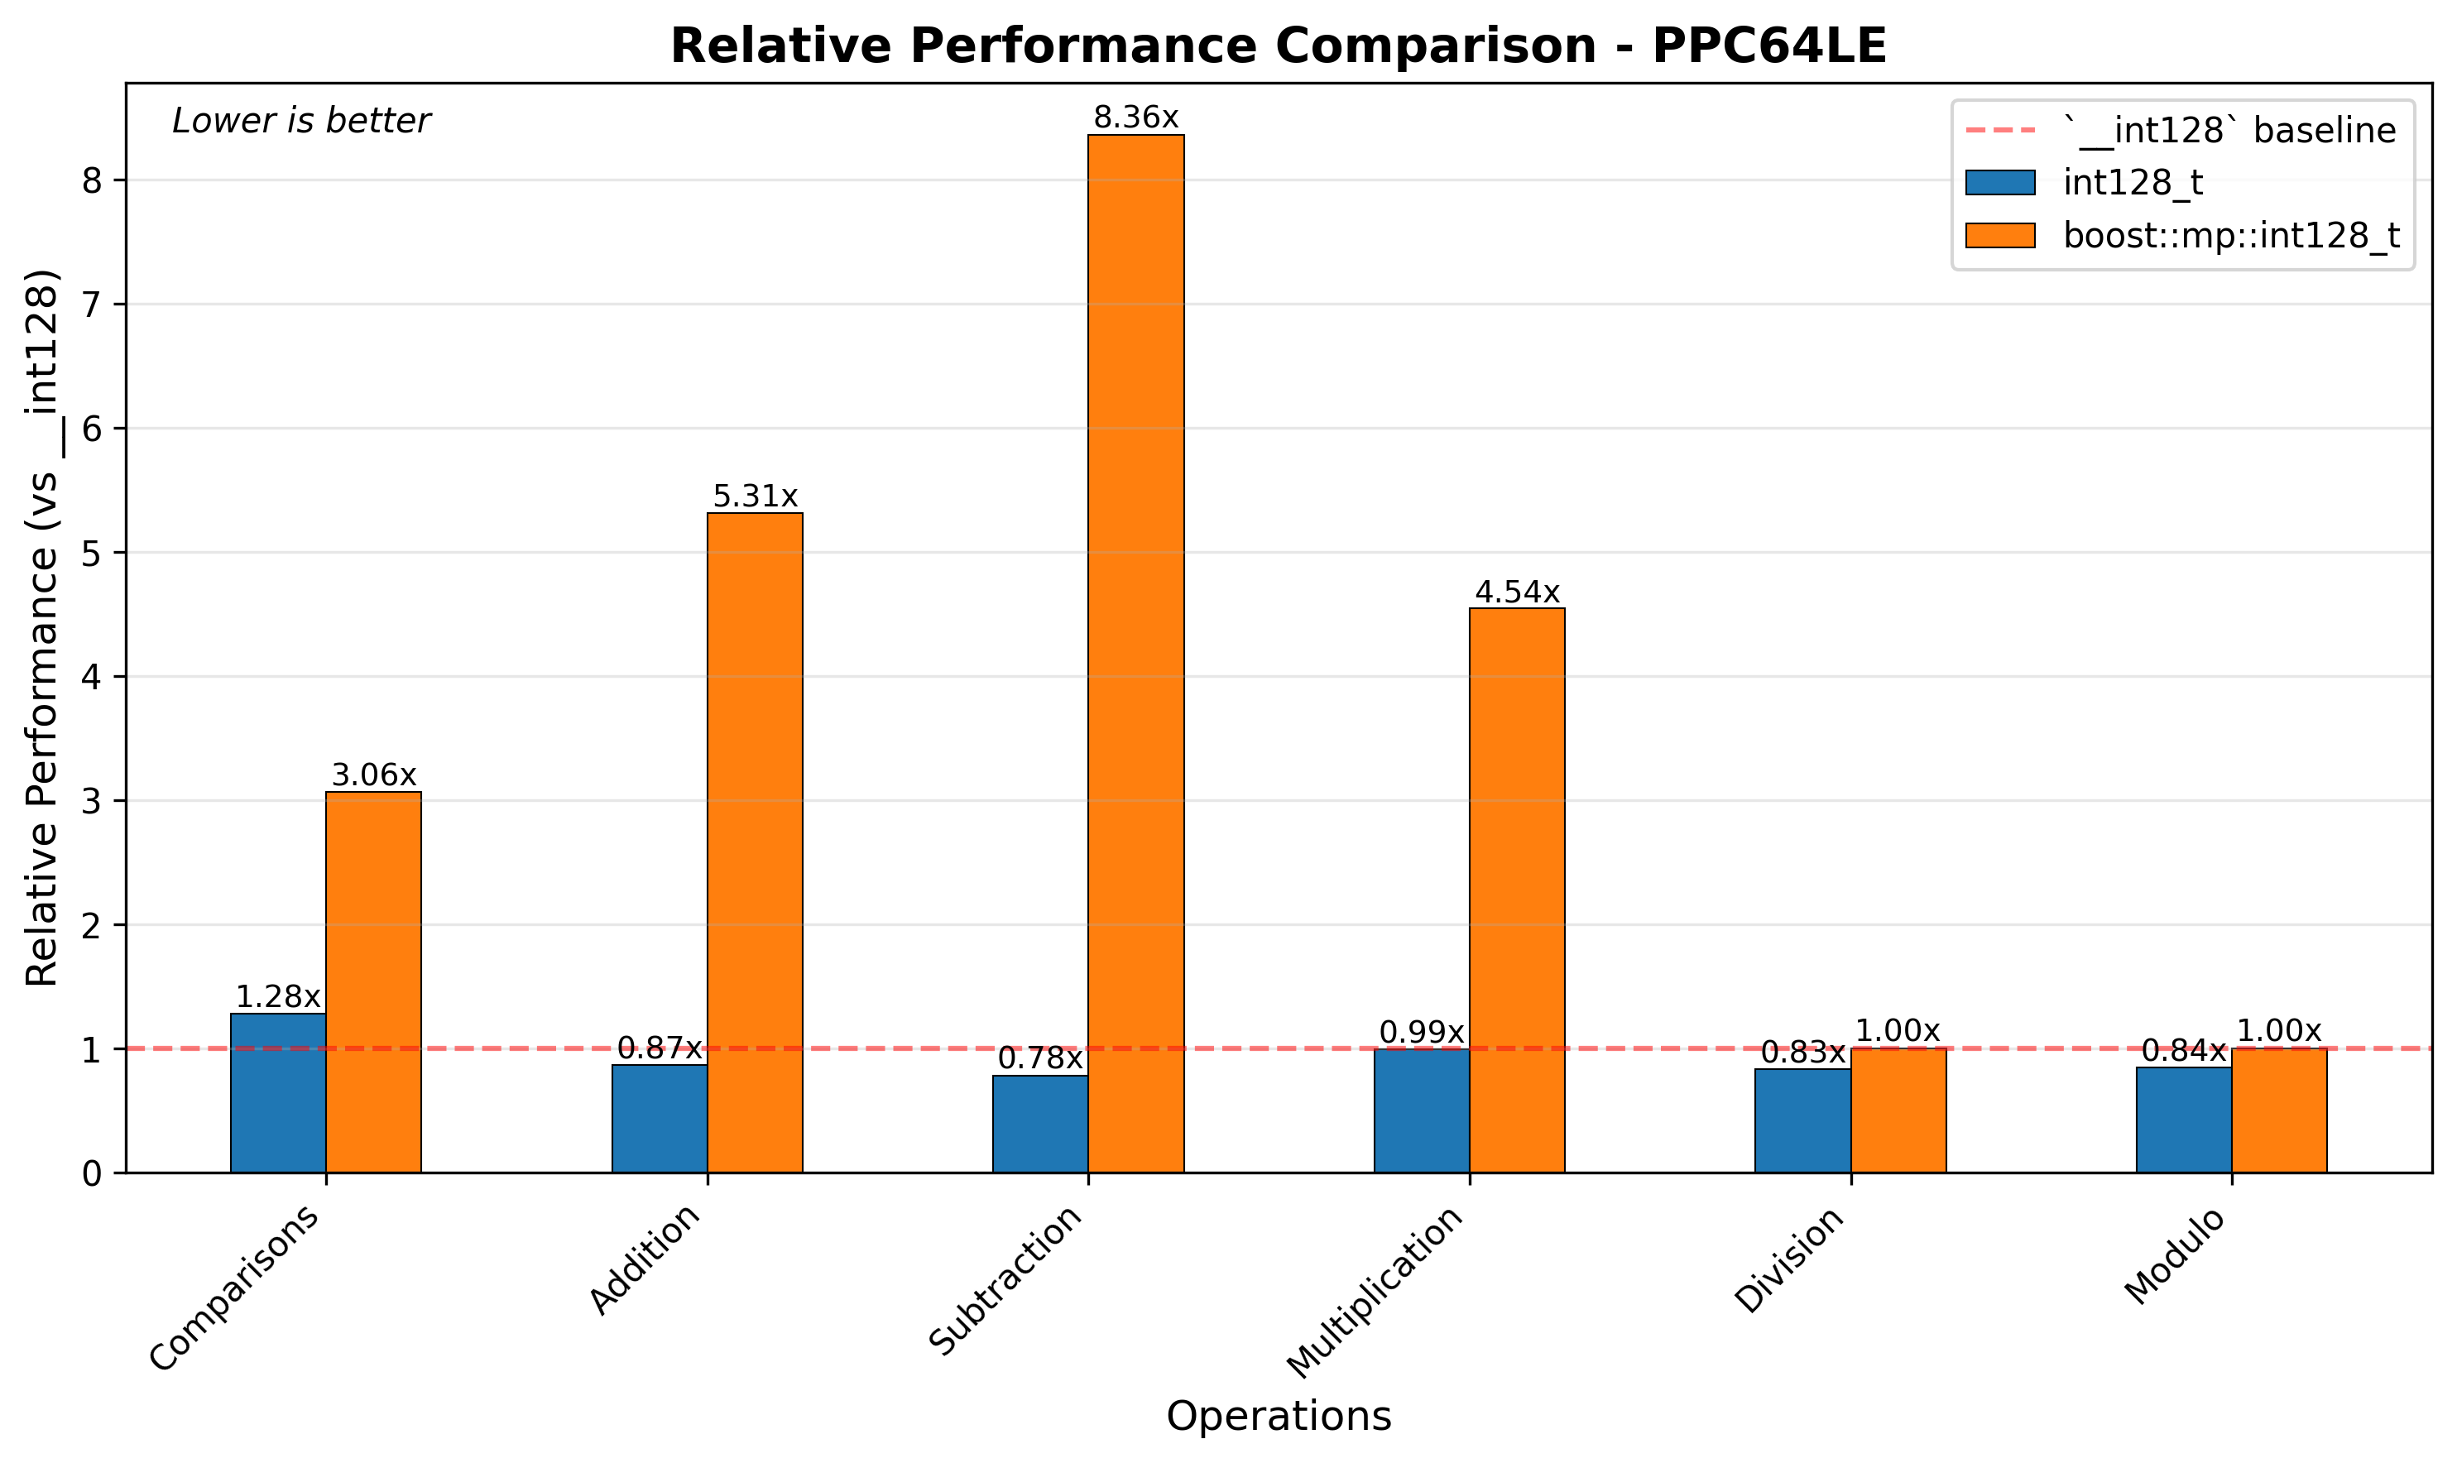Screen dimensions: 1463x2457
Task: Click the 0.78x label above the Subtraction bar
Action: [1040, 1059]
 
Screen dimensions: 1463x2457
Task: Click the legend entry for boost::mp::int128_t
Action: [2230, 236]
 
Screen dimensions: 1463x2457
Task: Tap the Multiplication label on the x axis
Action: [1375, 1292]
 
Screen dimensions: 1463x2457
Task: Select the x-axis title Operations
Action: [1278, 1416]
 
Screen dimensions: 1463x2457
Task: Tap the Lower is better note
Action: [300, 122]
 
